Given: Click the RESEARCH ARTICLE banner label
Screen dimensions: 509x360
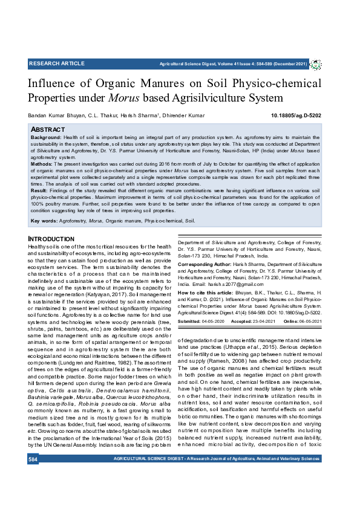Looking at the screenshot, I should tap(57, 63).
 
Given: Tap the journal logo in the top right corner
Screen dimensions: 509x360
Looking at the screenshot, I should tap(316, 64).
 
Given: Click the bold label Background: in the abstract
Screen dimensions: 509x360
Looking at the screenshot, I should tap(45, 138).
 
